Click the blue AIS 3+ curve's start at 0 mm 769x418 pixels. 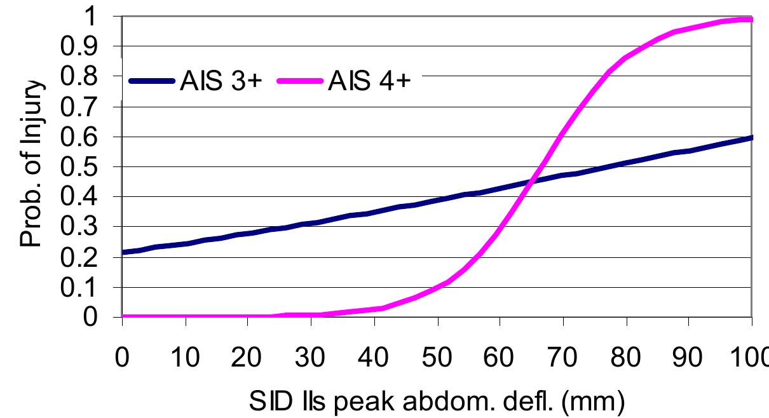(x=123, y=252)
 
